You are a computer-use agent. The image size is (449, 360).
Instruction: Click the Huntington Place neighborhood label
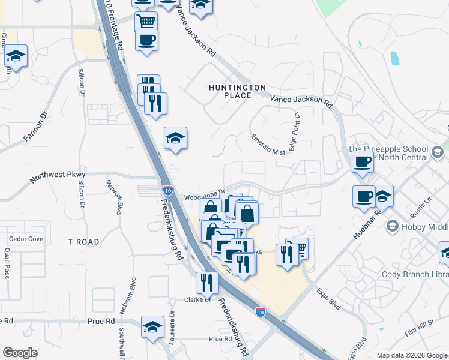(237, 91)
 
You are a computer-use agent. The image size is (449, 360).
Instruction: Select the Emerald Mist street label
(268, 152)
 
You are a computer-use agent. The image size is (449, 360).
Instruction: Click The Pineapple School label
(388, 149)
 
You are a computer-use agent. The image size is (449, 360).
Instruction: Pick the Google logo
(20, 352)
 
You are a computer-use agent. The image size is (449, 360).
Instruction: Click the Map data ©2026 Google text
(411, 355)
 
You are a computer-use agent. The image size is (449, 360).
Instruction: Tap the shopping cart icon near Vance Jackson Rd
(146, 22)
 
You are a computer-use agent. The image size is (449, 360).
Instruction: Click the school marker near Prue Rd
(153, 327)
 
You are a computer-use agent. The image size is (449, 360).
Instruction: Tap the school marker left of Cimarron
(16, 56)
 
